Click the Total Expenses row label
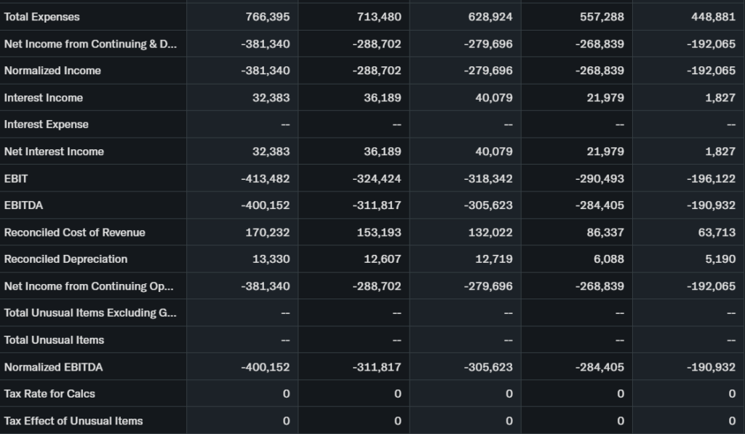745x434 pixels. pos(42,17)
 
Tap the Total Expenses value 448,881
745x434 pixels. pos(713,17)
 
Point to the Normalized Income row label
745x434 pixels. pos(52,71)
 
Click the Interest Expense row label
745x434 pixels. pos(47,125)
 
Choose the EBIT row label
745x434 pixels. pos(17,178)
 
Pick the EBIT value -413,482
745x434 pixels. pos(266,178)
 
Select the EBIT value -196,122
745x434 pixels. pos(711,178)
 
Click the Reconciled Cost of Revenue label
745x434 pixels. pos(75,232)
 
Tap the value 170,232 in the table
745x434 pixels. pos(268,232)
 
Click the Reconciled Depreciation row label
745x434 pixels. pos(66,259)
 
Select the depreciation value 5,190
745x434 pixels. pos(720,259)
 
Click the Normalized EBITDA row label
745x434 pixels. pos(54,367)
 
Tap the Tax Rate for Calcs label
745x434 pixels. pos(49,394)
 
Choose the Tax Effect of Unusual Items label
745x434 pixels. pos(73,421)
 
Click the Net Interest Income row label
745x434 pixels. pos(55,151)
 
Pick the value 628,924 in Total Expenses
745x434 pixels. pos(490,17)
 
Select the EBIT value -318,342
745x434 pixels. pos(488,178)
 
